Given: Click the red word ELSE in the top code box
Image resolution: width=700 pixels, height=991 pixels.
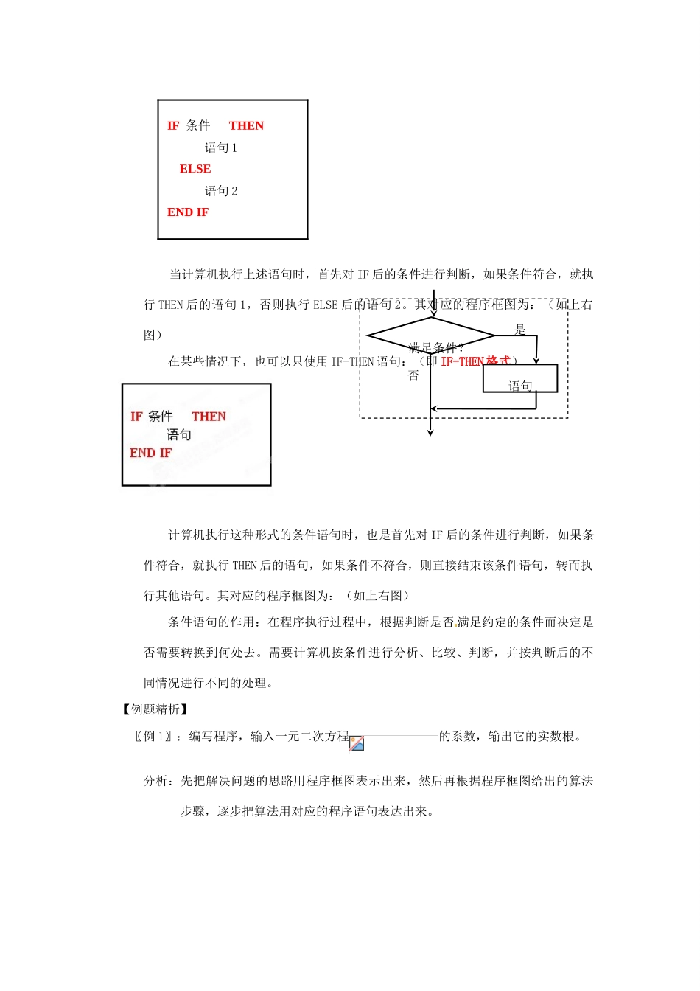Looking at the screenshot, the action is pos(195,169).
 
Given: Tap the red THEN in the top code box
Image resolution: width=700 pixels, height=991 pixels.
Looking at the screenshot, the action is pos(246,125).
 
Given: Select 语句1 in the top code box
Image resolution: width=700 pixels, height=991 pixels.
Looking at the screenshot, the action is pos(221,147).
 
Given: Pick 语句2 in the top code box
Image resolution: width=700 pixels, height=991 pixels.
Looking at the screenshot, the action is pos(221,191).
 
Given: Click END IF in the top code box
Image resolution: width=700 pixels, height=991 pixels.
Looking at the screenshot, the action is pos(188,212).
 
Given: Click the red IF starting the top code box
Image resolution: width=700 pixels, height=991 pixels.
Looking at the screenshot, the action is pos(173,125).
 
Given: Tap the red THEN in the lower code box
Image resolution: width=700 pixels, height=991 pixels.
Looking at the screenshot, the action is pos(209,417).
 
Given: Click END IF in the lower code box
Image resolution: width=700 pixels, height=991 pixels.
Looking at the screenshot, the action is pos(150,453).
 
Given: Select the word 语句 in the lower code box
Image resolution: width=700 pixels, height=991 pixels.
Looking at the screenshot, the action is pos(178,435).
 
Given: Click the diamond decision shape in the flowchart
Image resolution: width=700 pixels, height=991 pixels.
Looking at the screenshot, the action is pos(431,336).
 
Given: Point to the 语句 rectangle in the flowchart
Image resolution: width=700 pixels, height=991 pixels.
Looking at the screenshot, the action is pos(520,379).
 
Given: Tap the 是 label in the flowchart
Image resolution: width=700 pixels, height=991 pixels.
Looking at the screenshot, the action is pos(520,330).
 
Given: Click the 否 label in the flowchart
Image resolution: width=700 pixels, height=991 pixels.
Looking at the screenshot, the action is pos(413,376).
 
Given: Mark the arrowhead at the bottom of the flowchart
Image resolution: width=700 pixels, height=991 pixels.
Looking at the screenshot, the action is pos(430,433).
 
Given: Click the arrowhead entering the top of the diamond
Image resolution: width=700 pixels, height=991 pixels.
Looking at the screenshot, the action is pos(433,313).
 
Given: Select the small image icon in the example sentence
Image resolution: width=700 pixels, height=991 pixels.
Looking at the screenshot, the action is pos(357,743).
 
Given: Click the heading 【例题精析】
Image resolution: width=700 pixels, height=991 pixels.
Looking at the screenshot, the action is pos(155,709).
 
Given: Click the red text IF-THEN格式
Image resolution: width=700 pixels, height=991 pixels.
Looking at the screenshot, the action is pos(475,361).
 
